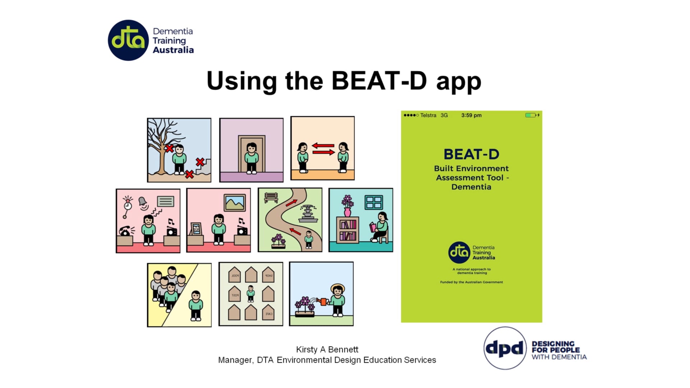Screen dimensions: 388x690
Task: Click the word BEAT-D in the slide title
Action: pos(379,81)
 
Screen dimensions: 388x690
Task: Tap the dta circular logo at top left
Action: pos(128,40)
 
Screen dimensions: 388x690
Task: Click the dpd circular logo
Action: pos(505,348)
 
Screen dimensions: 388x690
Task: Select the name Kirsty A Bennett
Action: pos(327,350)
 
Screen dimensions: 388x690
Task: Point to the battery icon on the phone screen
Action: pos(530,115)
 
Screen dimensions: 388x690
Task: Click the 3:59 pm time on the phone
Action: pos(471,115)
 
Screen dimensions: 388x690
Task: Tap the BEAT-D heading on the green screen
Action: pos(471,154)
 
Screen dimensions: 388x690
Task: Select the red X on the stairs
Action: pos(200,162)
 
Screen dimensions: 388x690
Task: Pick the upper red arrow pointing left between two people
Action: pos(323,146)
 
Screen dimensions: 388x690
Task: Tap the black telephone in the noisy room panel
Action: pos(125,231)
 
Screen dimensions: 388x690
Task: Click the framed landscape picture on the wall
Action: pos(235,203)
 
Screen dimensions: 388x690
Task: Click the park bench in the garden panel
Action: pos(271,197)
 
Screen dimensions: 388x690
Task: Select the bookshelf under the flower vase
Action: pos(347,230)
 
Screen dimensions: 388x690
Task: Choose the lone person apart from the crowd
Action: pos(196,305)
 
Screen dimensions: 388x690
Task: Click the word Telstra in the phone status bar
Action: pos(428,115)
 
